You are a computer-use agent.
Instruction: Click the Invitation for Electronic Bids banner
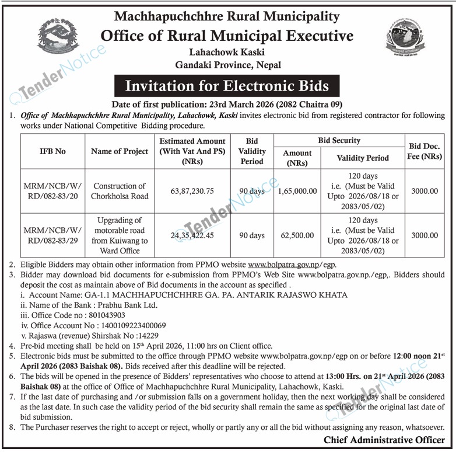[x=227, y=86]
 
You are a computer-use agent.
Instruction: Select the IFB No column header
[x=53, y=151]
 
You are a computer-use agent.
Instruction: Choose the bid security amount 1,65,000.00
[x=297, y=191]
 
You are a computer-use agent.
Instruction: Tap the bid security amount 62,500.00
[x=297, y=236]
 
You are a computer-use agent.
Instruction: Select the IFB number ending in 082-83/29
[x=53, y=236]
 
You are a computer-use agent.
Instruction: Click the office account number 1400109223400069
[x=123, y=325]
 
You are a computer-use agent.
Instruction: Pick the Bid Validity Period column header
[x=252, y=151]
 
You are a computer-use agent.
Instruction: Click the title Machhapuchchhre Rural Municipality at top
[x=227, y=16]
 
